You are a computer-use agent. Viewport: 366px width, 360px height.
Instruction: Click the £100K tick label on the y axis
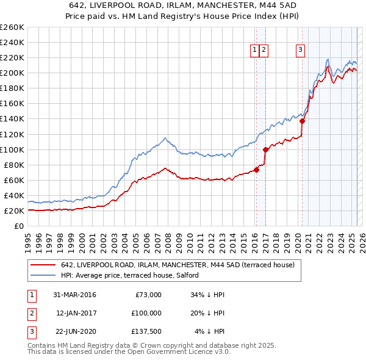12,149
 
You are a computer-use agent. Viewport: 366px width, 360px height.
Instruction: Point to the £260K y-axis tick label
12,27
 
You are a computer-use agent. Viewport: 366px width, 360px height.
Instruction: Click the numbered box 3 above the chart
301,51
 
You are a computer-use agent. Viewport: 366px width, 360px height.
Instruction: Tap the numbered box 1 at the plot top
254,51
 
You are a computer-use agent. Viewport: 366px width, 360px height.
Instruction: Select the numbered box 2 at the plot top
264,51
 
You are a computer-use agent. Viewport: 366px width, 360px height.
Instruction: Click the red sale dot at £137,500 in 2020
303,120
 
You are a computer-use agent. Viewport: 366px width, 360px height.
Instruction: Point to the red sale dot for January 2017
265,149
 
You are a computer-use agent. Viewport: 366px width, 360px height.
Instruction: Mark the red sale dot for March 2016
257,170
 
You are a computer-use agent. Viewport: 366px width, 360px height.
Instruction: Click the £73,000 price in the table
148,295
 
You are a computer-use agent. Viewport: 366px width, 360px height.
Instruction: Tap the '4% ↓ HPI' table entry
210,331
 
